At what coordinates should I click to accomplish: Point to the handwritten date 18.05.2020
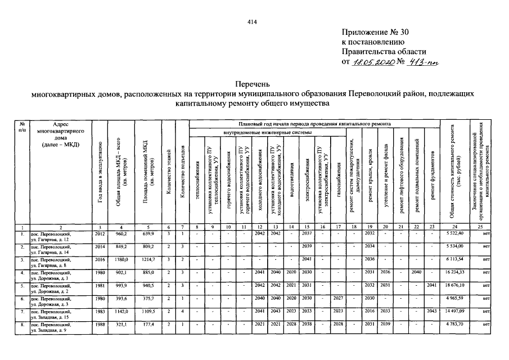pyautogui.click(x=374, y=62)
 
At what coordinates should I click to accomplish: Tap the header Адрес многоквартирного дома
pyautogui.click(x=60, y=134)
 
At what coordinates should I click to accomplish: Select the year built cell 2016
pyautogui.click(x=100, y=259)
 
